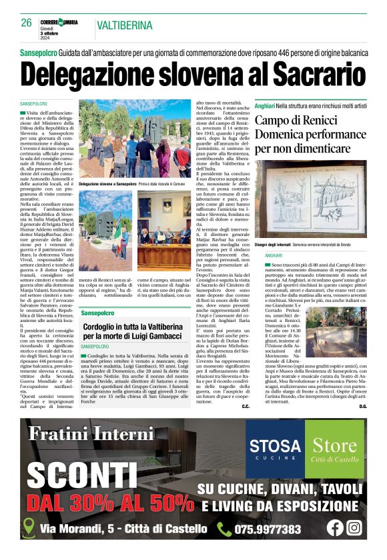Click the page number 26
pos(26,22)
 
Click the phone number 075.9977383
pos(268,529)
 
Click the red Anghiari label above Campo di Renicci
pos(284,106)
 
